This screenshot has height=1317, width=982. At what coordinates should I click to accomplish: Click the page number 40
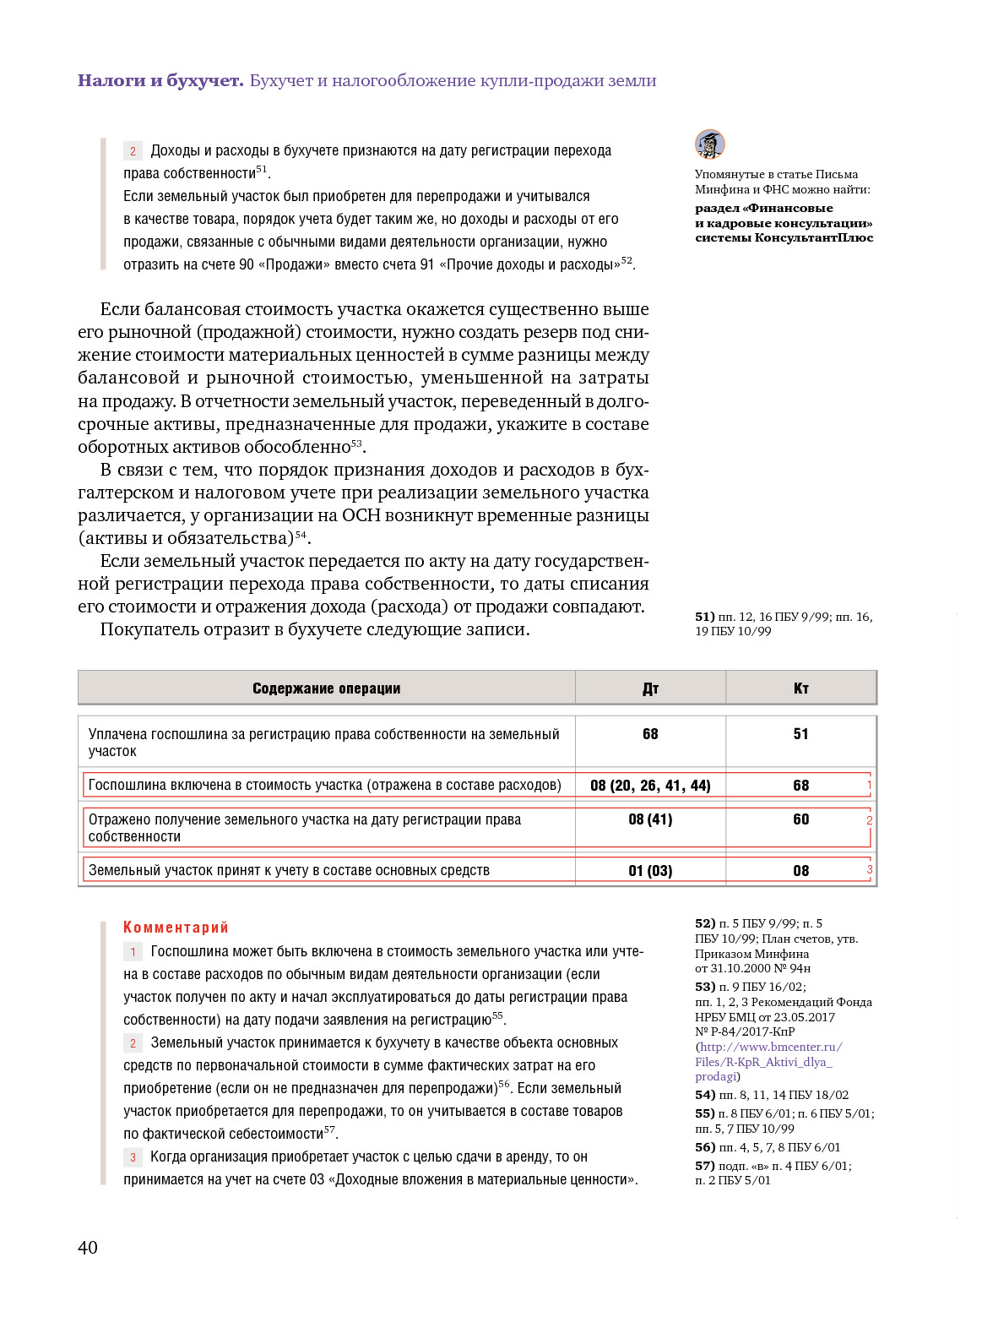88,1248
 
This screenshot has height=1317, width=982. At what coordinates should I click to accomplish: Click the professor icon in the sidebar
710,144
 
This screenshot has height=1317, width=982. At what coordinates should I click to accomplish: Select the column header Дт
650,688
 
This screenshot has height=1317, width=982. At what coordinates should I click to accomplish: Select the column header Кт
801,688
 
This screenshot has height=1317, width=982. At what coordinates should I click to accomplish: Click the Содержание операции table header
326,688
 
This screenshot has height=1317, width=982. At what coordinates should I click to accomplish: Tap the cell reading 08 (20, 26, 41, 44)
650,786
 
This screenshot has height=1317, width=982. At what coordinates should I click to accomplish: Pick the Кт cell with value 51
801,734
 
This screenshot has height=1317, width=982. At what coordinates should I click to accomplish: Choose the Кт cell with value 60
801,819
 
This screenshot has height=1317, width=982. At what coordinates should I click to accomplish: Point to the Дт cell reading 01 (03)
650,871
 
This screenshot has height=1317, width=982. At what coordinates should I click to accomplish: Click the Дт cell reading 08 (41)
650,819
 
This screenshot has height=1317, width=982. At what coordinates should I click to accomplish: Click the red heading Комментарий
176,928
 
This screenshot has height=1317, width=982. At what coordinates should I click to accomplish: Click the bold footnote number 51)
705,617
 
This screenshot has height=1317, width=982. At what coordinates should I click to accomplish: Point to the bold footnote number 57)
705,1166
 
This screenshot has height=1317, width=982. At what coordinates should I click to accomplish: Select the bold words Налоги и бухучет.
160,81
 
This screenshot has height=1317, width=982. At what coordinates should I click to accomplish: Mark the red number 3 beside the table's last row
870,868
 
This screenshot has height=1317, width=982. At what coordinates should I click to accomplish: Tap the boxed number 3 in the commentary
133,1157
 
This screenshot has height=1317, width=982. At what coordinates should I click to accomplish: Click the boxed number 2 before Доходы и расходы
133,151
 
